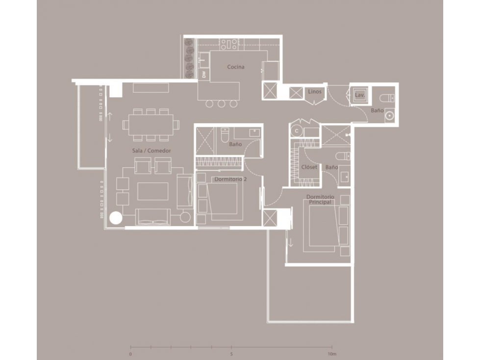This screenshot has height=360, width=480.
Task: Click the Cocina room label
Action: point(236,67)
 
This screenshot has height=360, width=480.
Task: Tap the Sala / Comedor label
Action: point(152,151)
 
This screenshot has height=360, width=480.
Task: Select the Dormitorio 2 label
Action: point(230,179)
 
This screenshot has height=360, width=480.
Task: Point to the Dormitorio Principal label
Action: point(320,199)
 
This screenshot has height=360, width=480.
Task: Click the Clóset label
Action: point(309,167)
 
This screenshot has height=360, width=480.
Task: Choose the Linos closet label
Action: point(315,92)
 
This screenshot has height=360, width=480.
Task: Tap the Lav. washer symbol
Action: point(360,95)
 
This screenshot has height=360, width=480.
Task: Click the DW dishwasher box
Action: point(204,75)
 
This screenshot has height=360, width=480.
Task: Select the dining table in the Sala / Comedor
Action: point(151,125)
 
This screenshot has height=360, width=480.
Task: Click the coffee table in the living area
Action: point(153,191)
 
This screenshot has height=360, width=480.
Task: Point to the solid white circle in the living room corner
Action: point(116,218)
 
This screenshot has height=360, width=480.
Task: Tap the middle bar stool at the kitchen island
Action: point(221,104)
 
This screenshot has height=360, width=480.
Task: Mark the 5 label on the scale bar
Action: point(231,354)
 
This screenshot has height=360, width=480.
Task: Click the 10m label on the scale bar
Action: point(332,354)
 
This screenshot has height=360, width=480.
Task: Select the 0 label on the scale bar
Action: point(131,354)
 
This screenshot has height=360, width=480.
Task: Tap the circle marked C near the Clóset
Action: point(296,131)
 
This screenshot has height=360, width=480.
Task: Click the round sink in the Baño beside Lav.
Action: point(389,116)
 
